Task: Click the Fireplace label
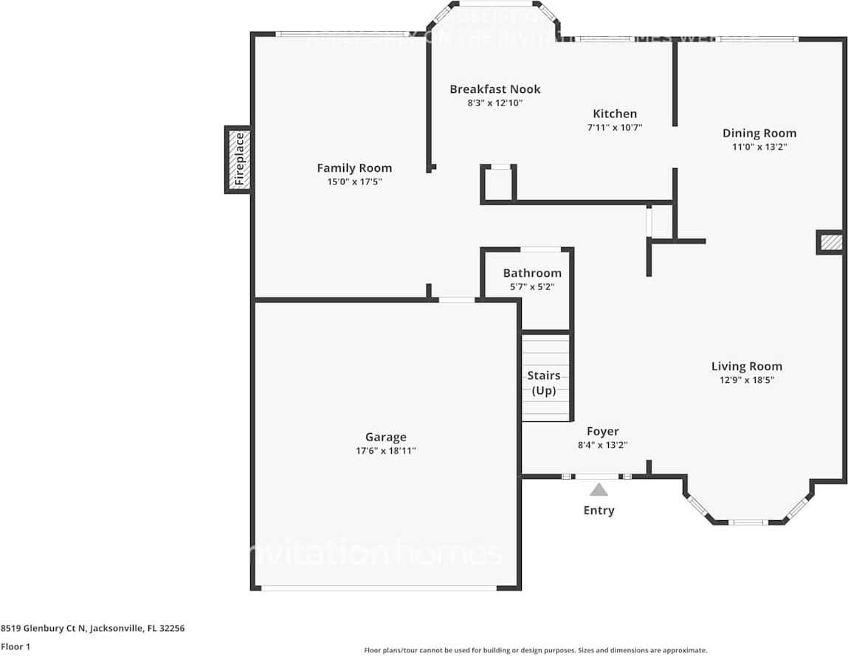tap(238, 159)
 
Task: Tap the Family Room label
tap(354, 168)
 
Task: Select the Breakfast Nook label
tap(495, 89)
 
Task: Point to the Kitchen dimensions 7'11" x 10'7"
tap(615, 128)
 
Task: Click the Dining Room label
tap(759, 134)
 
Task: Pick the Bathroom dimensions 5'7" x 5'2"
tap(531, 286)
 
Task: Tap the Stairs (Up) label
tap(544, 384)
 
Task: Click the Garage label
tap(386, 437)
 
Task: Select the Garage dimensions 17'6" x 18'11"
tap(386, 451)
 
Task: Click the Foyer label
tap(603, 432)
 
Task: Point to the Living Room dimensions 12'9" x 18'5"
tap(747, 380)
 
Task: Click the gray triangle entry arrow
tap(599, 489)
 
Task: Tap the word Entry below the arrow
tap(599, 511)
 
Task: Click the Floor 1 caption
tap(15, 646)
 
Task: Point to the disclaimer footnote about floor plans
tap(535, 650)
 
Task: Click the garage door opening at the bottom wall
tap(379, 587)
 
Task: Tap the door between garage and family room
tap(457, 300)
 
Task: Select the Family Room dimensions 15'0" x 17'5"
tap(354, 182)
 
